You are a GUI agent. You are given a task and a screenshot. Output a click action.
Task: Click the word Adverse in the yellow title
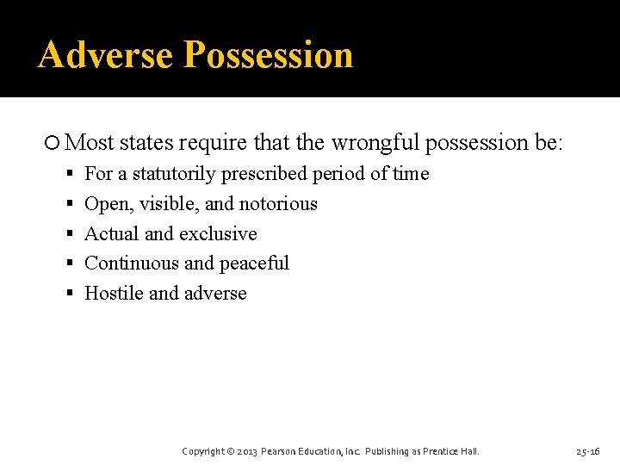[x=107, y=54]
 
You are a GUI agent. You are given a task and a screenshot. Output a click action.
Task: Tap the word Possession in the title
[x=269, y=54]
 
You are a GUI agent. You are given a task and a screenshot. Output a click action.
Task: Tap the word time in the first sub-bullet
[x=411, y=174]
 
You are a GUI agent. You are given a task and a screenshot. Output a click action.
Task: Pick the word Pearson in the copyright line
[x=282, y=451]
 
